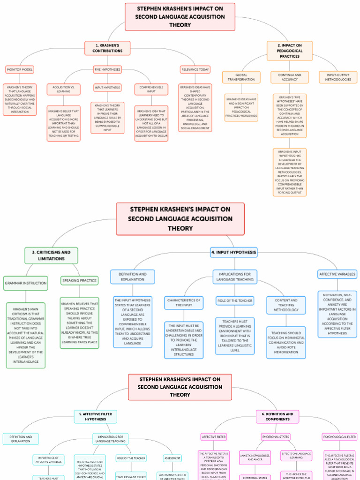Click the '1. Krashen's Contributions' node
pyautogui.click(x=107, y=48)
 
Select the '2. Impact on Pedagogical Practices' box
pyautogui.click(x=289, y=51)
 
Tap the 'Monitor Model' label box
pyautogui.click(x=19, y=69)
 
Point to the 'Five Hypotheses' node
pyautogui.click(x=107, y=69)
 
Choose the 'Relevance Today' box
pyautogui.click(x=195, y=69)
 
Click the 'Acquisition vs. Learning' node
pyautogui.click(x=63, y=89)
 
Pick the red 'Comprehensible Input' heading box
pyautogui.click(x=151, y=89)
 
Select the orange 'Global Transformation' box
pyautogui.click(x=241, y=77)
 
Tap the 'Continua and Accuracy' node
pyautogui.click(x=289, y=77)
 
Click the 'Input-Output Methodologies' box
pyautogui.click(x=337, y=77)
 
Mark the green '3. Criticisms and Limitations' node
pyautogui.click(x=51, y=255)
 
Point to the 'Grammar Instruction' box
pyautogui.click(x=25, y=283)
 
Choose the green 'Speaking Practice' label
pyautogui.click(x=79, y=281)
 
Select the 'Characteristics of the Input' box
pyautogui.click(x=184, y=302)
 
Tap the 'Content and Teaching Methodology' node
pyautogui.click(x=286, y=305)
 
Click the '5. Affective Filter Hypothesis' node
pyautogui.click(x=95, y=417)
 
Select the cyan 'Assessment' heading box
pyautogui.click(x=172, y=458)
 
